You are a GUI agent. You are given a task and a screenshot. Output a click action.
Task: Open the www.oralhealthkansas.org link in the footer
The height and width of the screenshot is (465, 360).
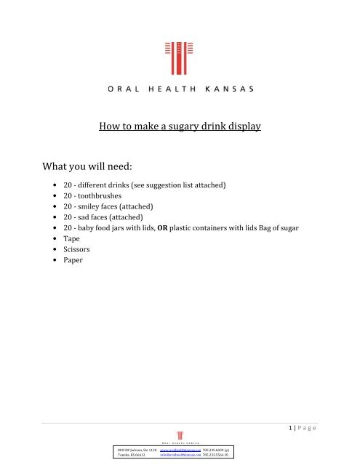[180, 451]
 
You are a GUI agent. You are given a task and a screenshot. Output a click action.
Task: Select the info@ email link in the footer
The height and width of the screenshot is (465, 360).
[180, 458]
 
